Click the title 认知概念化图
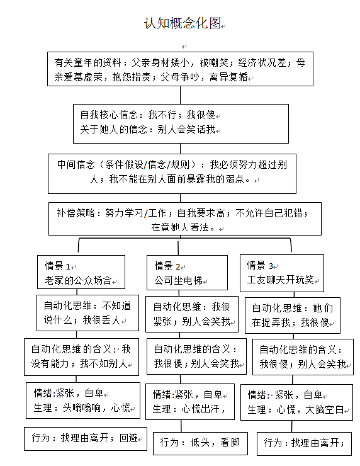point(183,23)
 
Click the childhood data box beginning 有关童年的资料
point(180,69)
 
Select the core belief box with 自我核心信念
point(181,123)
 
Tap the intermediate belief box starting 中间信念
point(172,174)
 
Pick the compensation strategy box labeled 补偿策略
point(185,219)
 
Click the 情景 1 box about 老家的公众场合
point(81,272)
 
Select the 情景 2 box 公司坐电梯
point(187,273)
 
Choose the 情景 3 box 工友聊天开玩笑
point(282,273)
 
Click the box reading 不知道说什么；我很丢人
point(87,313)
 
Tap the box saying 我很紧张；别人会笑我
point(192,314)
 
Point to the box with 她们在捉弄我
point(293,315)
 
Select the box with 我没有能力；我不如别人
point(81,357)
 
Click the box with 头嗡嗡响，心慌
point(83,401)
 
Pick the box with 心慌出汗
point(190,402)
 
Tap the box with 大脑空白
point(296,402)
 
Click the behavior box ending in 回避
point(86,439)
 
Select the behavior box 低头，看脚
point(201,443)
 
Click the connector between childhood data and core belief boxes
point(180,95)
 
